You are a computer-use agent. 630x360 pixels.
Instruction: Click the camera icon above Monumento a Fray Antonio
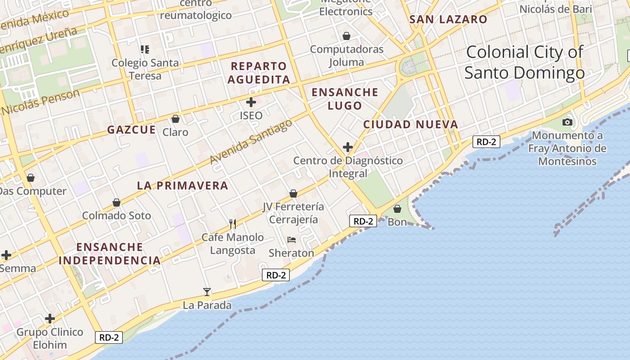coord(567,122)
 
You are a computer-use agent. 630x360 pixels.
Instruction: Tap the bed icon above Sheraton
coord(292,240)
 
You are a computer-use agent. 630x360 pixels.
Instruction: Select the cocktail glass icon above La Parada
coord(207,292)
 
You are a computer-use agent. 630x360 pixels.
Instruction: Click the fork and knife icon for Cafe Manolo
coord(233,224)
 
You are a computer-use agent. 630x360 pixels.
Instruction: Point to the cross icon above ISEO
coord(251,102)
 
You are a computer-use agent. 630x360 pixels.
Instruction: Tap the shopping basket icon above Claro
coord(175,119)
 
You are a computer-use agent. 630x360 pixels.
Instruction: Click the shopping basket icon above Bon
coord(397,209)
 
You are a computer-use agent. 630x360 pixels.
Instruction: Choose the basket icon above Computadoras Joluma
coord(346,36)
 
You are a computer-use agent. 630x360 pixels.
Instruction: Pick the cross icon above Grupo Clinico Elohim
coord(50,319)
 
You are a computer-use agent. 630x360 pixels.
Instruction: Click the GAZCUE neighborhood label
coord(131,130)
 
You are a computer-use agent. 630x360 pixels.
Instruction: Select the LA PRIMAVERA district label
coord(183,185)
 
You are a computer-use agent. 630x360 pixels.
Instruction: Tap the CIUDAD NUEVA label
coord(410,124)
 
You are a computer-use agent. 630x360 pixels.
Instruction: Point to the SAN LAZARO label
coord(448,19)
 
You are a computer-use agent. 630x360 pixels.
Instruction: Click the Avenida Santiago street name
coord(251,142)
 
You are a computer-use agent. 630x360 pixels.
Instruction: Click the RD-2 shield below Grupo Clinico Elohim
coord(109,337)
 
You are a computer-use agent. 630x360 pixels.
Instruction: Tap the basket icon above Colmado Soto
coord(117,202)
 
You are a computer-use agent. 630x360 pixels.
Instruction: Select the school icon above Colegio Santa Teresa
coord(145,49)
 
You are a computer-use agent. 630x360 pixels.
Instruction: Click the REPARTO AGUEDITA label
coord(258,73)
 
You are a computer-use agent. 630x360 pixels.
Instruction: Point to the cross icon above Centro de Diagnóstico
coord(348,147)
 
